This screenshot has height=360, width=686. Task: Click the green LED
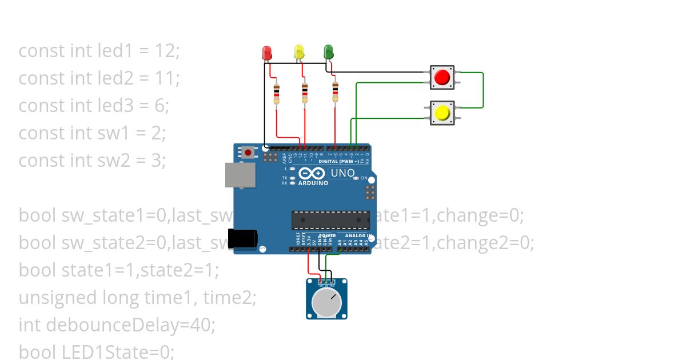point(328,53)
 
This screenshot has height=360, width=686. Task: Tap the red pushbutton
point(442,77)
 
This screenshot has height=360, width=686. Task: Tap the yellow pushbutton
point(442,113)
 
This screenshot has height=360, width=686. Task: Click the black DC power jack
point(242,239)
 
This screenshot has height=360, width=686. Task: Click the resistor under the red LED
point(277,94)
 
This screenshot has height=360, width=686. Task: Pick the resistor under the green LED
point(335,93)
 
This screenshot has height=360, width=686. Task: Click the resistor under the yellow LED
point(305,94)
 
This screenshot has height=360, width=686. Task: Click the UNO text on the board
point(342,173)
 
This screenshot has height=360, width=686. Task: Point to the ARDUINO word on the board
point(313,183)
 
